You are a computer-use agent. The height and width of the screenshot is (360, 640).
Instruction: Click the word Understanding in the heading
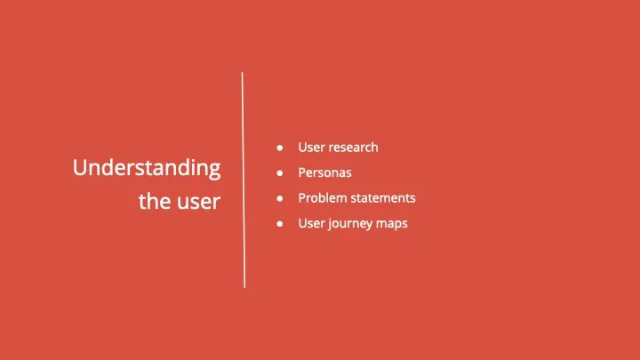pos(147,169)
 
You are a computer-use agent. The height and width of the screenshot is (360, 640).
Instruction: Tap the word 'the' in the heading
pos(153,202)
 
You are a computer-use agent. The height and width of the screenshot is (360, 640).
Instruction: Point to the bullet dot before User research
pos(280,148)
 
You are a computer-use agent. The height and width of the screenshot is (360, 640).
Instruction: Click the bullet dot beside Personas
pos(280,172)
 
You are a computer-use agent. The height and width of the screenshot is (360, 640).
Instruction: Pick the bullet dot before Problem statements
pos(280,198)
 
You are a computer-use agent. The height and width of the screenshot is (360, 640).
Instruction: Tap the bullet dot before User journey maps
pos(280,224)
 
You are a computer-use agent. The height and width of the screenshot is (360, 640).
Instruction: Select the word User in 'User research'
pos(311,147)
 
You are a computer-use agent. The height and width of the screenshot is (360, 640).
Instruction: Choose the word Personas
pos(325,172)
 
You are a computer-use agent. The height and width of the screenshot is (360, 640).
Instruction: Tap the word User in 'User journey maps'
pos(311,223)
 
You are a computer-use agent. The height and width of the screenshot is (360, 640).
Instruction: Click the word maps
pos(393,224)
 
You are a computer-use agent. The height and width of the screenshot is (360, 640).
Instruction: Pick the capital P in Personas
pos(302,172)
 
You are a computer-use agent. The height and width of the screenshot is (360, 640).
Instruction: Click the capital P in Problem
pos(302,197)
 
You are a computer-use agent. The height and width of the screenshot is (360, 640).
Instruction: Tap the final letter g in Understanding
pos(214,171)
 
